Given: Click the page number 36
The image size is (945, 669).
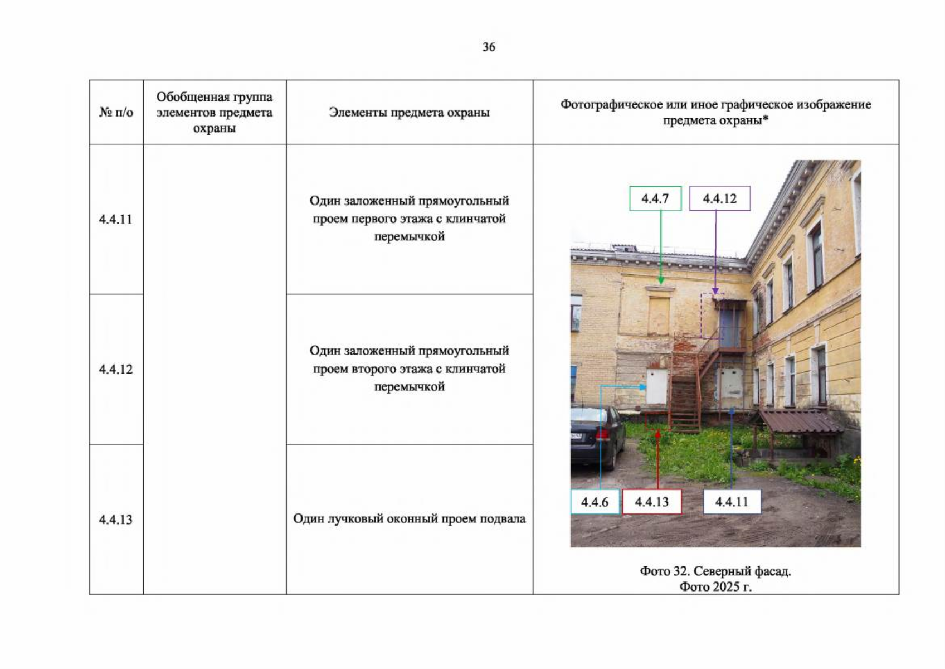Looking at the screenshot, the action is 489,47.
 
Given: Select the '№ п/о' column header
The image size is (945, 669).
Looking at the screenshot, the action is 116,112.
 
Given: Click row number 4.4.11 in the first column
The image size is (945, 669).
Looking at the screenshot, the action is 115,220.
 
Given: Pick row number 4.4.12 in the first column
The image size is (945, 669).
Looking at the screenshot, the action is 115,369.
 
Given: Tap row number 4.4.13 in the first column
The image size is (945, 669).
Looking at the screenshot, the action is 115,520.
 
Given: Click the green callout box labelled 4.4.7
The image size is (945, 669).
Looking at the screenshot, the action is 655,198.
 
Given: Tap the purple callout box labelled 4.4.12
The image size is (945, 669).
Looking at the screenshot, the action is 720,198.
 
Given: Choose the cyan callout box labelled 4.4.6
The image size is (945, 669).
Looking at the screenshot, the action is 595,502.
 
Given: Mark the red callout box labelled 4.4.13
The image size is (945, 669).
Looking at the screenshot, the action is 652,502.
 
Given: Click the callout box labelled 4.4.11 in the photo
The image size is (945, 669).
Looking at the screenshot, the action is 732,502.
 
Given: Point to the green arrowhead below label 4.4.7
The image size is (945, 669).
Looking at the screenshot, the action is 661,280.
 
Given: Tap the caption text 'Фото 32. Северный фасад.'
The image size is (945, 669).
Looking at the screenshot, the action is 715,571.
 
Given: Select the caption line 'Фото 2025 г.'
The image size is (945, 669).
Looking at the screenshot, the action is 715,586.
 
